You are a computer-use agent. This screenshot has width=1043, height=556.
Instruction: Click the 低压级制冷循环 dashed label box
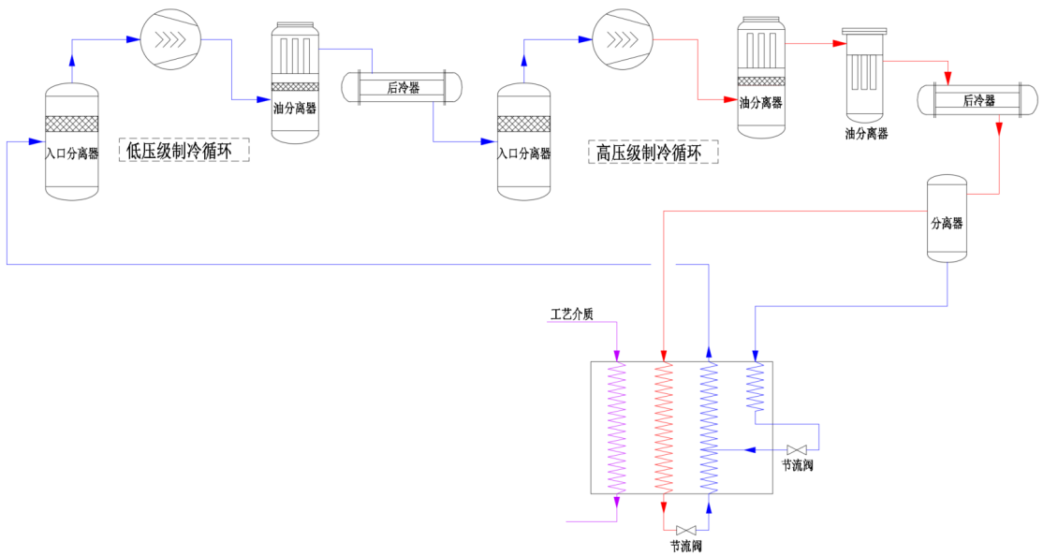tap(184, 151)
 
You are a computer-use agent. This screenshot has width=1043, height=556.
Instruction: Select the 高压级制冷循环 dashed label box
tap(654, 153)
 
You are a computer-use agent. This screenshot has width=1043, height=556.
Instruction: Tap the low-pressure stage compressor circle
tap(170, 39)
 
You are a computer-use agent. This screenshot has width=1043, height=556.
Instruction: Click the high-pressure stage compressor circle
tap(623, 39)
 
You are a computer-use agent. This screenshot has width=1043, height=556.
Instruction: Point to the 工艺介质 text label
tap(571, 314)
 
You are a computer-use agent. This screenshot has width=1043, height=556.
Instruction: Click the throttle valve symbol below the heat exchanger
tap(685, 531)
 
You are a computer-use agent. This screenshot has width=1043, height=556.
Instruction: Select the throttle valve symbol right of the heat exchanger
tap(797, 449)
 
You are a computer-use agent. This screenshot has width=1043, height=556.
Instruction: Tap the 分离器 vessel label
tap(947, 224)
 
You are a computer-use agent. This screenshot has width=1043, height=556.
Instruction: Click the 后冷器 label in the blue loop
tap(404, 88)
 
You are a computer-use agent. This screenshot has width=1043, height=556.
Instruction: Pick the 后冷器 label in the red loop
tap(979, 100)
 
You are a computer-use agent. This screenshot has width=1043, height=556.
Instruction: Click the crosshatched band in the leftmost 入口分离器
tap(72, 124)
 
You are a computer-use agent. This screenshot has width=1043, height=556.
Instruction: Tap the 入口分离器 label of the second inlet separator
tap(524, 154)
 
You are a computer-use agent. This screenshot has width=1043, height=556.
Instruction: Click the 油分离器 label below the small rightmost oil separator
tap(866, 134)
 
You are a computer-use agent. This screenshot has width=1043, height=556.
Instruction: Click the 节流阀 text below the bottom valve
tap(685, 547)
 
